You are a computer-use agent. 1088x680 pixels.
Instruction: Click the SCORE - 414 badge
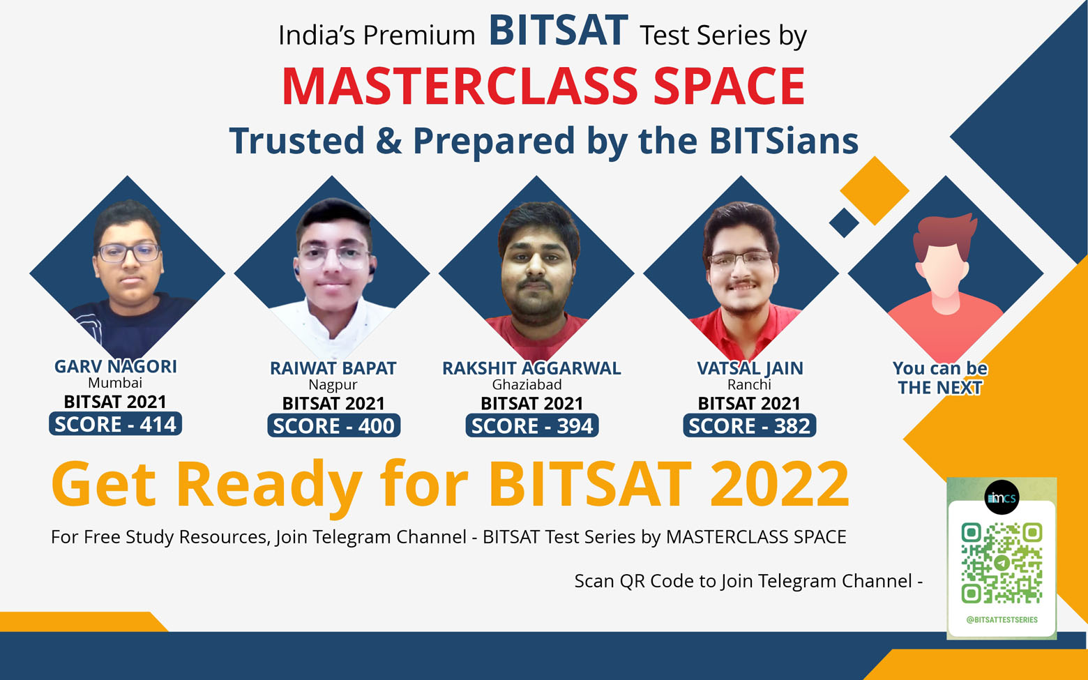pos(115,423)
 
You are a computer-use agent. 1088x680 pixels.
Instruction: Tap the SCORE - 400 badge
pos(333,425)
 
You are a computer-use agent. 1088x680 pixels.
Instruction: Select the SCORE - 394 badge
pos(532,425)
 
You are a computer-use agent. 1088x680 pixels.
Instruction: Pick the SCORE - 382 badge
pos(750,425)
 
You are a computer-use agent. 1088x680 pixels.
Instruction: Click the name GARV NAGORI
pos(116,366)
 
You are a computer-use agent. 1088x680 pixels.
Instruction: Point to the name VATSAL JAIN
pos(750,368)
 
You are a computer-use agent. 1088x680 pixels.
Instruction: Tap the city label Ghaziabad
pos(527,385)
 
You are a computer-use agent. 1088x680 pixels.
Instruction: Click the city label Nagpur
pos(333,385)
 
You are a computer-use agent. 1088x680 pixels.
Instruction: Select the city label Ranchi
pos(749,385)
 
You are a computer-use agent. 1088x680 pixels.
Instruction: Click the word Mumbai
pos(115,383)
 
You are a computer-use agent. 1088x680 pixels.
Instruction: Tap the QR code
pos(1002,563)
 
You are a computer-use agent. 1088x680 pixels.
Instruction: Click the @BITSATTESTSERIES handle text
pos(1002,620)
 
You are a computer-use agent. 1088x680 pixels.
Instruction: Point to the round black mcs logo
pos(1002,497)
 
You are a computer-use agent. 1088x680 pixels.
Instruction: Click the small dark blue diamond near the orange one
pos(844,223)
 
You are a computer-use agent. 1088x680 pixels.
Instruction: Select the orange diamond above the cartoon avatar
pos(875,191)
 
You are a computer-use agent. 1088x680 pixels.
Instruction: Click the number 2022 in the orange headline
pos(780,484)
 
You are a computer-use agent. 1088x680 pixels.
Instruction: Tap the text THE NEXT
pos(940,388)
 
